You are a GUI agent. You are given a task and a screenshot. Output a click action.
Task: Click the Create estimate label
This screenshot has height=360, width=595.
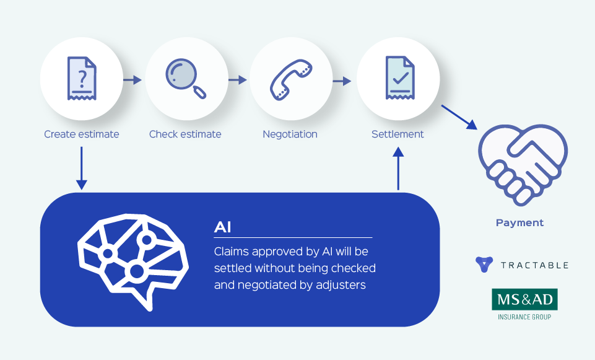(x=81, y=134)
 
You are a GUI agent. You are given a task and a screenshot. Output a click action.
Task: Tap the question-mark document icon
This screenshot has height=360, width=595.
(x=82, y=79)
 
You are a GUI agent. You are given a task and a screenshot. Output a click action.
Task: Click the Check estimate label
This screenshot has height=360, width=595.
(x=185, y=134)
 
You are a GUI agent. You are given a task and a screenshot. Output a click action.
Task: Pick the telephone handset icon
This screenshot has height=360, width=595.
(x=290, y=79)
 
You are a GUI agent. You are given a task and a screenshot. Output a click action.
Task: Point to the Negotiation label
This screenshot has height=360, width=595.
(x=290, y=134)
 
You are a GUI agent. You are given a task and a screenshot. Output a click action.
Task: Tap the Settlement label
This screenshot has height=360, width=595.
(x=397, y=134)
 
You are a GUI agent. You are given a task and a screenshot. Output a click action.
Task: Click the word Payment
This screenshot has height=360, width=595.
(x=519, y=223)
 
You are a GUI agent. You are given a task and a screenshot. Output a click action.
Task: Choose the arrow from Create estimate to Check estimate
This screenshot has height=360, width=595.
(x=132, y=80)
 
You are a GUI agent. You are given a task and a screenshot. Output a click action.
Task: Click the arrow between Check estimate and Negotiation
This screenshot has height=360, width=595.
(x=237, y=80)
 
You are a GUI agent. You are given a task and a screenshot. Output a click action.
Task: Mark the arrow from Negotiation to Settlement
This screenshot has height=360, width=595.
(x=342, y=80)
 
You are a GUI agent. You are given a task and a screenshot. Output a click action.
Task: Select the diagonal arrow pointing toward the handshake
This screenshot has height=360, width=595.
(x=459, y=116)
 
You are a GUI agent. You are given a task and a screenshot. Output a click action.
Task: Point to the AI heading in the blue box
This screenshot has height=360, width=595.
(x=223, y=227)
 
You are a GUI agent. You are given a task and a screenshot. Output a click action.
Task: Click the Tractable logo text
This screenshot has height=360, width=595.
(x=534, y=265)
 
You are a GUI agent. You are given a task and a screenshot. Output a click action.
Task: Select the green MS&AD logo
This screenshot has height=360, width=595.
(x=524, y=299)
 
